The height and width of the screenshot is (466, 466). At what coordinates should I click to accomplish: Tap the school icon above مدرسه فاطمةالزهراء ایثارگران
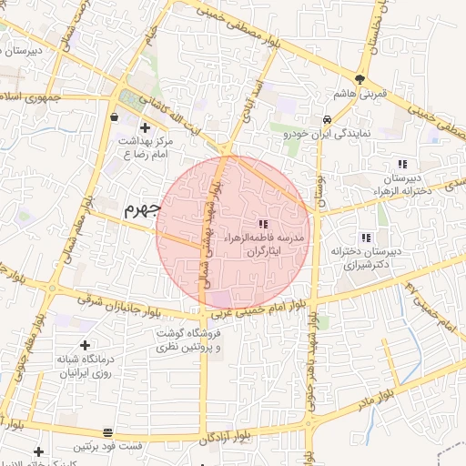263,224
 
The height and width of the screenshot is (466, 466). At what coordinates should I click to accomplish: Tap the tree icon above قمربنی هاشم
361,80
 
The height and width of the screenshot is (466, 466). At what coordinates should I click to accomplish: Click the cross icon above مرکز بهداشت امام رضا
145,127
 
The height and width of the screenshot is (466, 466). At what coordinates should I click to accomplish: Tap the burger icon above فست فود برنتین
108,431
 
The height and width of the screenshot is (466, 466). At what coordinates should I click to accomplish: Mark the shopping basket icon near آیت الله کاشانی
113,117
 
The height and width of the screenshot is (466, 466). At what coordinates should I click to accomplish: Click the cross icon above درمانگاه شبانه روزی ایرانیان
85,345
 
